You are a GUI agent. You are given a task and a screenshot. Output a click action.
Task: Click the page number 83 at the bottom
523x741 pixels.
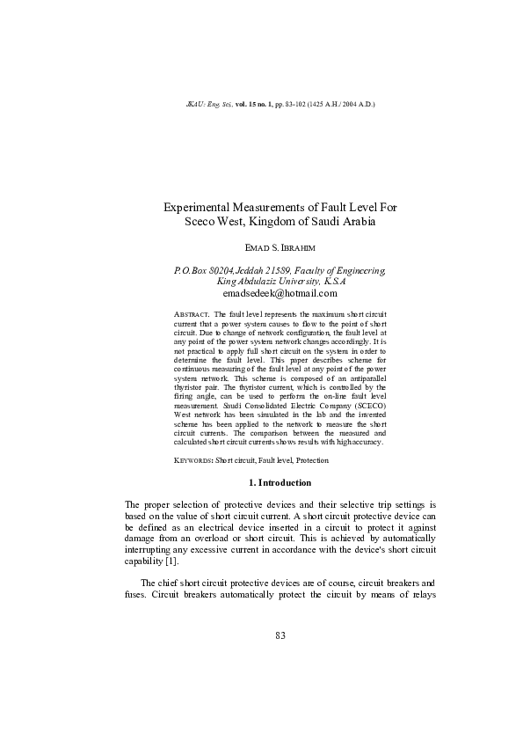[280, 636]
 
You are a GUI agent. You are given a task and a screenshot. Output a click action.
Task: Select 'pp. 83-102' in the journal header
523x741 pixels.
[285, 104]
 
